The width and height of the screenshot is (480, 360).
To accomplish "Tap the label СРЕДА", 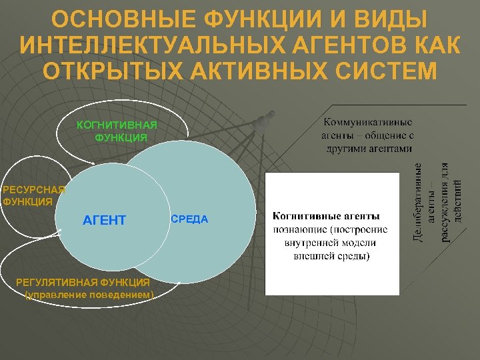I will [190, 219].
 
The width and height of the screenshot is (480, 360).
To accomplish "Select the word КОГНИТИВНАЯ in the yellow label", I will [117, 125].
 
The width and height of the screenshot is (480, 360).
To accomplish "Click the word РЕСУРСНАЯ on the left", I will [33, 189].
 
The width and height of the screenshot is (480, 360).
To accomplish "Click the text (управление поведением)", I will [89, 294].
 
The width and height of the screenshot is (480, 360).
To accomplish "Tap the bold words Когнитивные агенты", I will [325, 216].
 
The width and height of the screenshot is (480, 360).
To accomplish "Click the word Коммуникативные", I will [367, 123].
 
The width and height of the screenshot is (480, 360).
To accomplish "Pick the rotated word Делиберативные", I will [418, 202].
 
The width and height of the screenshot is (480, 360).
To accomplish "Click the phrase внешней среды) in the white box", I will [332, 256].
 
